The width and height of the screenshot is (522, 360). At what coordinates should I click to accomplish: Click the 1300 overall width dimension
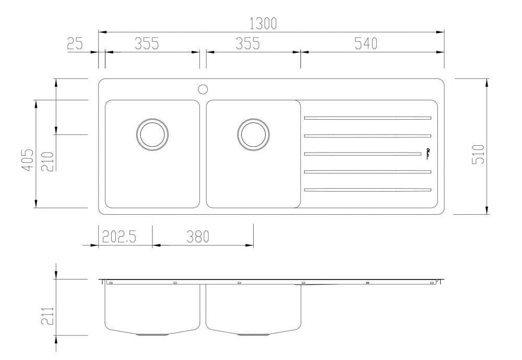[264, 24]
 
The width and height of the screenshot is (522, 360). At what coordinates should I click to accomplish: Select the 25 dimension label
[75, 44]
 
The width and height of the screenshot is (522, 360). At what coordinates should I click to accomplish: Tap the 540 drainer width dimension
[366, 44]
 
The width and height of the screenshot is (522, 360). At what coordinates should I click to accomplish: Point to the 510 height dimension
[478, 154]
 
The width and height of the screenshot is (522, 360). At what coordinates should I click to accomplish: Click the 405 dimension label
[28, 159]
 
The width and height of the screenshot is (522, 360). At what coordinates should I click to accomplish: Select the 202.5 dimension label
[119, 237]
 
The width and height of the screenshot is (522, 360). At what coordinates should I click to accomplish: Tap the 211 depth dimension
[48, 316]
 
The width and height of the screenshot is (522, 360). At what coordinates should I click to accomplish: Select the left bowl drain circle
[152, 134]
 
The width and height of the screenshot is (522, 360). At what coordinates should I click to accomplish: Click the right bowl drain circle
[254, 134]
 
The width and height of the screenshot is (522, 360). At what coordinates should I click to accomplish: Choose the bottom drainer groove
[367, 189]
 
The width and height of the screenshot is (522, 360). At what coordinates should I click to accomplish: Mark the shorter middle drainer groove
[363, 154]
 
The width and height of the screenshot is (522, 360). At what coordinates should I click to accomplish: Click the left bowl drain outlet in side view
[152, 333]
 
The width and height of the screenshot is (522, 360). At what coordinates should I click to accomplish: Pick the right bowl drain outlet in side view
[254, 333]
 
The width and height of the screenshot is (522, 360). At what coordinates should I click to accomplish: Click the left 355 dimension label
[147, 44]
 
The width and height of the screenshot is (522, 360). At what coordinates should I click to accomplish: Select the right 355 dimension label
[247, 44]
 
